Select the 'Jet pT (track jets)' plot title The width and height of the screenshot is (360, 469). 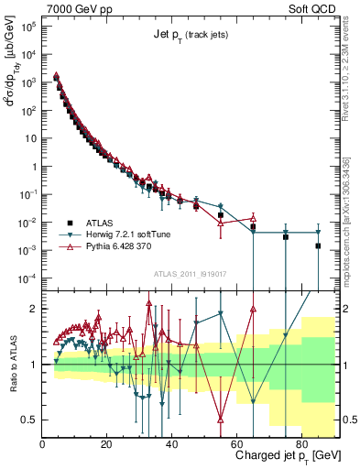191,36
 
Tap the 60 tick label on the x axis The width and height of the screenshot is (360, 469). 236,442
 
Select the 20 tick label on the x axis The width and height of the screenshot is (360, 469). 107,442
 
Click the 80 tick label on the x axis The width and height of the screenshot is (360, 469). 301,442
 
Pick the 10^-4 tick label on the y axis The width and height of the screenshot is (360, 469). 27,278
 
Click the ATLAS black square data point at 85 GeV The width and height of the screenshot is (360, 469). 318,245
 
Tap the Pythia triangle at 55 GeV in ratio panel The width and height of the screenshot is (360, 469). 221,420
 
